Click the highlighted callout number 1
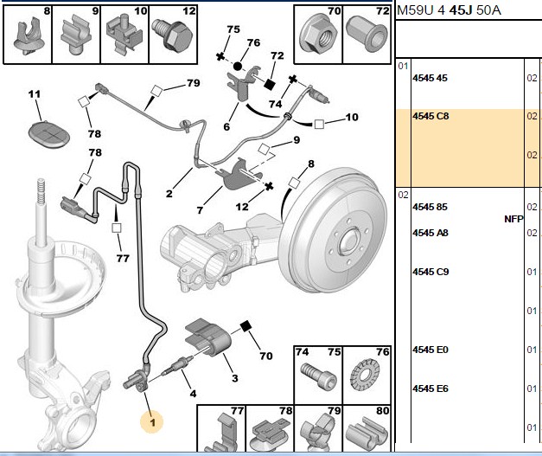coord(152,421)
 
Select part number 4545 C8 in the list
coord(430,116)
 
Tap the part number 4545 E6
coord(430,389)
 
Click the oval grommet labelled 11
coord(48,134)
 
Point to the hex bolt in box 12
coord(173,35)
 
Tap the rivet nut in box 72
coord(367,34)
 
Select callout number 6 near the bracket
coord(226,126)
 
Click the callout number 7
coord(200,210)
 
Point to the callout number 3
coord(235,378)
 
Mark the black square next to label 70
coord(245,326)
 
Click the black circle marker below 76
coord(238,66)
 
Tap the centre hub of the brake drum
coord(350,240)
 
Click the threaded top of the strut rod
coord(41,191)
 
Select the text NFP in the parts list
coord(513,219)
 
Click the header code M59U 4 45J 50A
coord(449,10)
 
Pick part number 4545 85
coord(430,207)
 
